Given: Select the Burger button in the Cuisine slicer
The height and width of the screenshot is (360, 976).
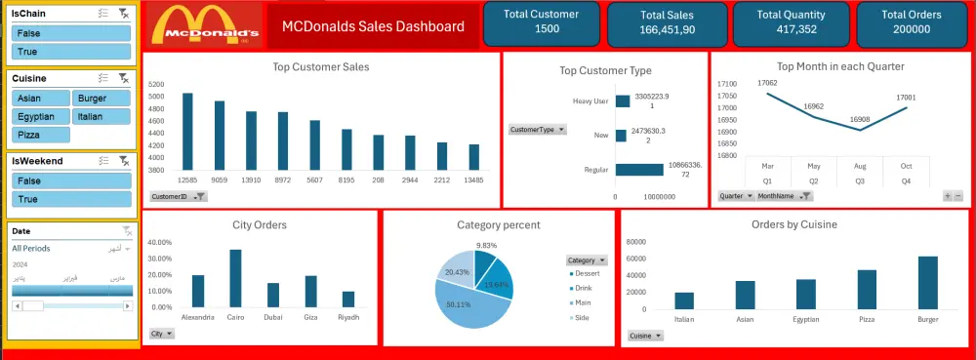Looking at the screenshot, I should [x=102, y=98].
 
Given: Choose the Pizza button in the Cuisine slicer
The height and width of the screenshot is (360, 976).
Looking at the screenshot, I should [x=40, y=135].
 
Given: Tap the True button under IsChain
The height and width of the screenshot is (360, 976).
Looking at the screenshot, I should [x=71, y=51].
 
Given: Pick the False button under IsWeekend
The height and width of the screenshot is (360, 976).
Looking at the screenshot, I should [x=71, y=180].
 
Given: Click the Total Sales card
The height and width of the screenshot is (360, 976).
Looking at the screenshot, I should [x=668, y=22].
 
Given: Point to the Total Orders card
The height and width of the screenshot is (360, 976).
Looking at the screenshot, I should [x=911, y=22].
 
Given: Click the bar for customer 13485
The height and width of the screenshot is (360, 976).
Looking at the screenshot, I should [x=473, y=157].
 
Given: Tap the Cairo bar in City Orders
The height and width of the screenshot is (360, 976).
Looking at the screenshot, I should [x=235, y=278].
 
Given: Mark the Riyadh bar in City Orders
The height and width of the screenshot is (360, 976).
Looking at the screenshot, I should [x=348, y=300].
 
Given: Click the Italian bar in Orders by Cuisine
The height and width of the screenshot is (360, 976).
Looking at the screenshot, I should [x=683, y=300].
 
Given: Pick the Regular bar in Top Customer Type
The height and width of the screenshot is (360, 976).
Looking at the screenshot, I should [x=638, y=170].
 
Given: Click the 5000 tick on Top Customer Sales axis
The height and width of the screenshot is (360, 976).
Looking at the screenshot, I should [x=156, y=97].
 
